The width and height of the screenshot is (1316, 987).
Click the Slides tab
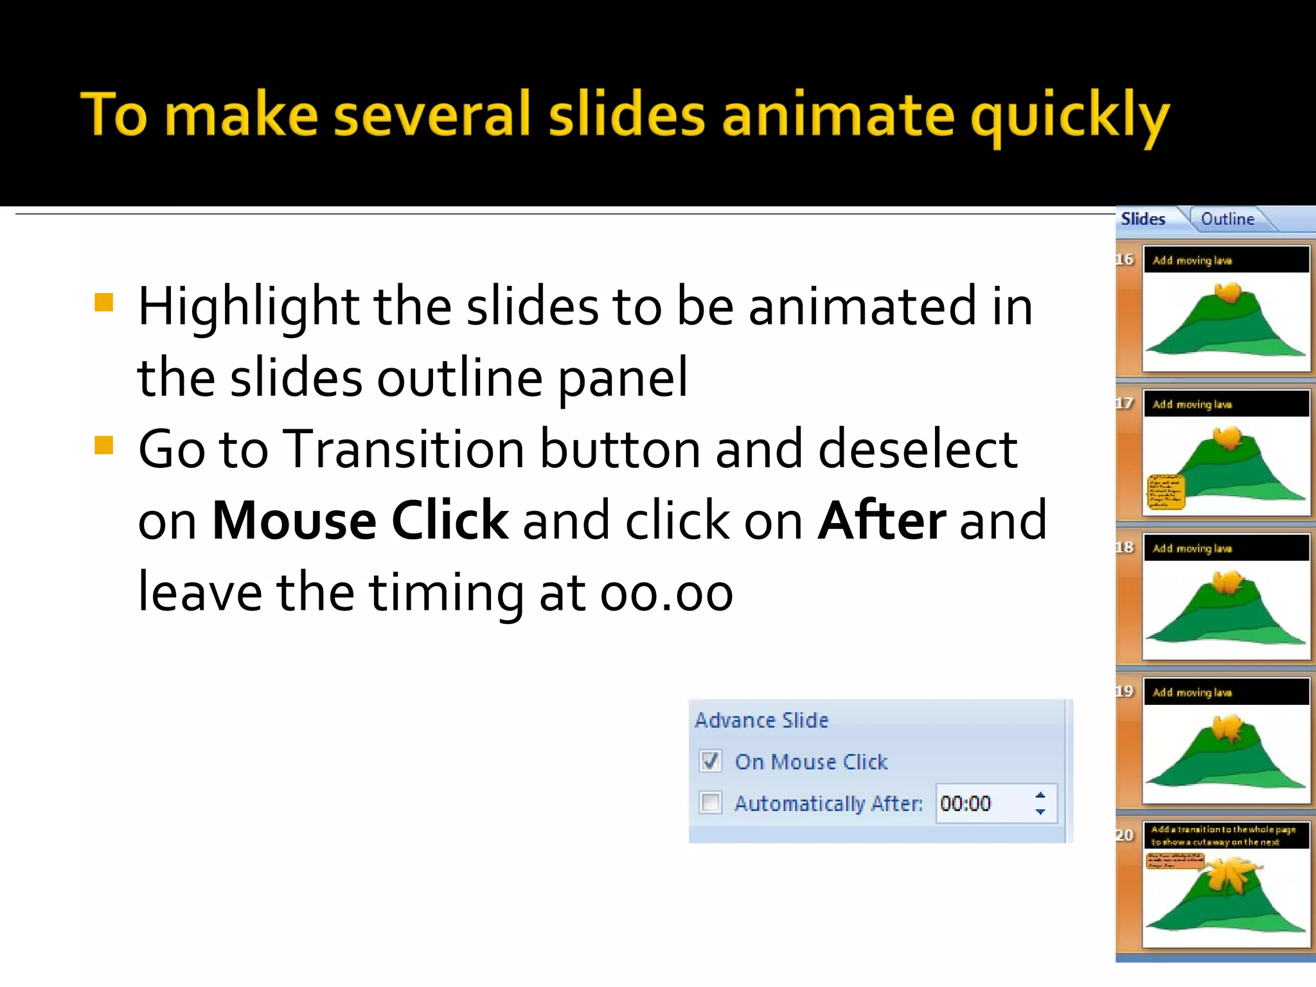click(x=1143, y=219)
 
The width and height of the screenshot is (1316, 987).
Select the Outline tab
click(x=1227, y=219)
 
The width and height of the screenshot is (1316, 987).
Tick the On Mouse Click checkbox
click(x=710, y=761)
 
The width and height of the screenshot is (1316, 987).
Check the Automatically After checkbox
click(x=710, y=803)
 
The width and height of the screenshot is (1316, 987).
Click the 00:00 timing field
click(x=977, y=803)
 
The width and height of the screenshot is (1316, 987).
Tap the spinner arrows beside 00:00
click(x=1040, y=803)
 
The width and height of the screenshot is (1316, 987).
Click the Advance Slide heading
click(x=761, y=720)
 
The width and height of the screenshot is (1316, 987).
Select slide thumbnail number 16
click(x=1226, y=309)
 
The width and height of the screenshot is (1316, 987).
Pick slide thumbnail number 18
click(x=1226, y=597)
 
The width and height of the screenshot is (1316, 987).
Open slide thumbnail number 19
click(x=1226, y=741)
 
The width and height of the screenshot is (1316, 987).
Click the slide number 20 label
click(x=1125, y=835)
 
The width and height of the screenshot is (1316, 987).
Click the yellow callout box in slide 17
click(x=1166, y=492)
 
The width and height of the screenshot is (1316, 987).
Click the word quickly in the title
click(x=1070, y=117)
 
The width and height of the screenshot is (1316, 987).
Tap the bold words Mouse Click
click(x=360, y=520)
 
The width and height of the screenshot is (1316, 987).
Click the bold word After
click(x=882, y=520)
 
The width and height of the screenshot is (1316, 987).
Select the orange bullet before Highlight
click(x=103, y=303)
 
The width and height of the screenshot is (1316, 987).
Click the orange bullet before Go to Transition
click(x=103, y=445)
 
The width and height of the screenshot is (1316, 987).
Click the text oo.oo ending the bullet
click(x=666, y=593)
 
